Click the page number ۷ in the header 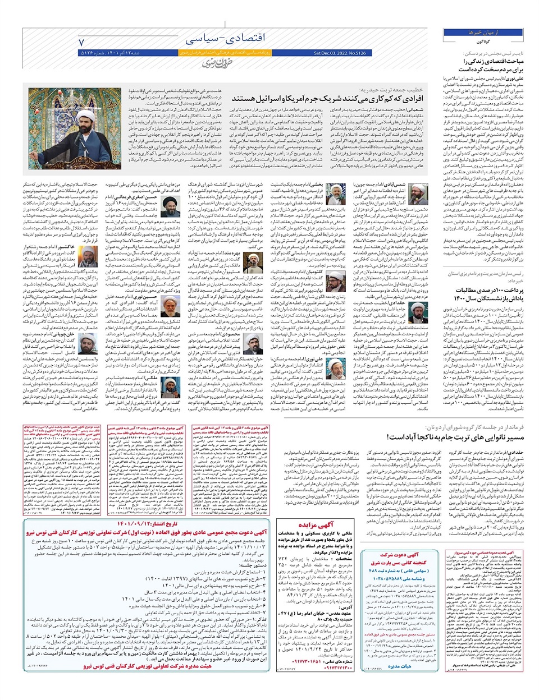coord(83,42)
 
